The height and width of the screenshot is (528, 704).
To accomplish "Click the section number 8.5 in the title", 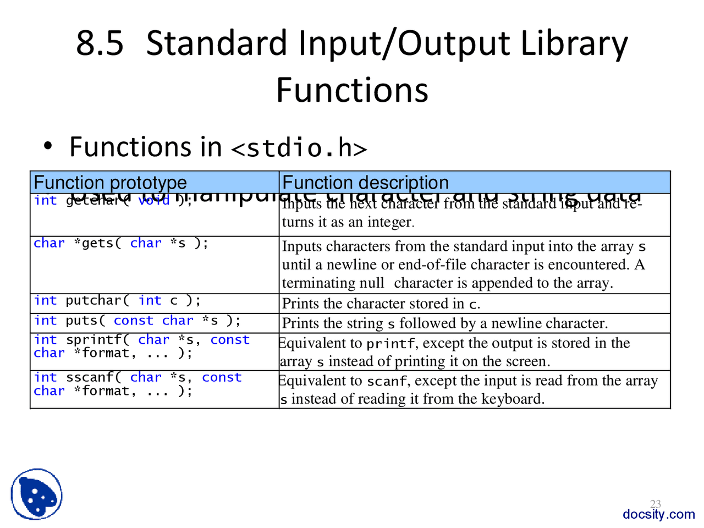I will pos(100,43).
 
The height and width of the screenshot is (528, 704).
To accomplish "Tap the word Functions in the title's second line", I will pos(352,90).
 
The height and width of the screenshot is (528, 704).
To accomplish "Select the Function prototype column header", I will pos(110,183).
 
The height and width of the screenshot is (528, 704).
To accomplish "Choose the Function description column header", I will pos(365,183).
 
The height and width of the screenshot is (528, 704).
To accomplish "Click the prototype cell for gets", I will pos(121,243).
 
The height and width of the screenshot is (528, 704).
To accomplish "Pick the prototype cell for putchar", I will pos(117,300).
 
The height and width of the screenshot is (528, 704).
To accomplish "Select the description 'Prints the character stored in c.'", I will pos(381,304).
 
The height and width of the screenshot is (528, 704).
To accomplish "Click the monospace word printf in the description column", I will pos(391,344).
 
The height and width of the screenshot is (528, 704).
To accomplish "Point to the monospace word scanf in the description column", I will pos(387,381).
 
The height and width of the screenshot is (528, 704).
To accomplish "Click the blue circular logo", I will pos(36,494).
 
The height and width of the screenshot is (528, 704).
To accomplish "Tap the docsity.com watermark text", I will pos(658,514).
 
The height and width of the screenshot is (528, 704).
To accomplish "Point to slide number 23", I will pos(656,504).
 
